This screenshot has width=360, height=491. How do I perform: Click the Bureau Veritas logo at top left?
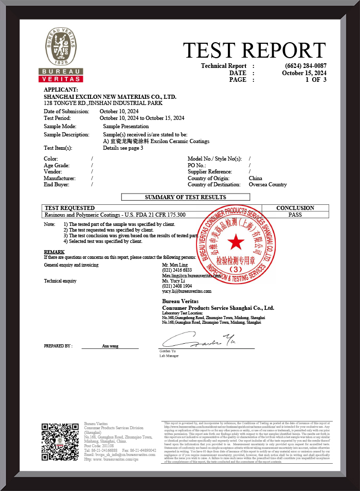[x=61, y=55]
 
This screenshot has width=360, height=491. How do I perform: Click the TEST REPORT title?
[x=254, y=50]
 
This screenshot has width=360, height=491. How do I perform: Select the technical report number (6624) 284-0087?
[x=305, y=66]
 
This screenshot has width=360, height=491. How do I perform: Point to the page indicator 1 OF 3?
[x=316, y=80]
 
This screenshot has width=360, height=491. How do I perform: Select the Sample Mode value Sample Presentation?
[x=126, y=126]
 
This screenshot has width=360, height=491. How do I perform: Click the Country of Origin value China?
[x=256, y=178]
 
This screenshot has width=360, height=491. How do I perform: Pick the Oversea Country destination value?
[x=267, y=184]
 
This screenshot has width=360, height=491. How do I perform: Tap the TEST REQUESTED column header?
[x=63, y=208]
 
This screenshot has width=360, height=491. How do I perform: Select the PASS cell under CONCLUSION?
[x=295, y=215]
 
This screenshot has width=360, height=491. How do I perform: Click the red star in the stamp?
[x=236, y=241]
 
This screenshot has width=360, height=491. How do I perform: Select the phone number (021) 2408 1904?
[x=177, y=286]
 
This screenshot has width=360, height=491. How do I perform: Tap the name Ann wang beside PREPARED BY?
[x=110, y=346]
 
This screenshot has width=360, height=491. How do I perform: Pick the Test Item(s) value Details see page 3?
[x=123, y=148]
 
